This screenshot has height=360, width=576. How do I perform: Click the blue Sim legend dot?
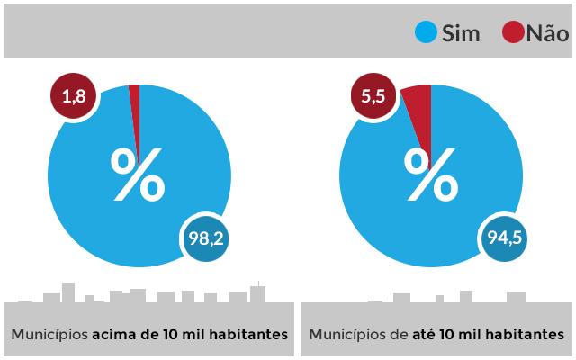(425, 33)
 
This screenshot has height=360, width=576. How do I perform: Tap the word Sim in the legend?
(462, 34)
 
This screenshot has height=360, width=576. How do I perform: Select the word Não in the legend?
(547, 34)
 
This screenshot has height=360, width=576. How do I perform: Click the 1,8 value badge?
(74, 97)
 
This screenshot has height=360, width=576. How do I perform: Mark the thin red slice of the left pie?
(135, 108)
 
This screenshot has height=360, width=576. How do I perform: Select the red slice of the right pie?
(419, 112)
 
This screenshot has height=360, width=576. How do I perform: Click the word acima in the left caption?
(114, 334)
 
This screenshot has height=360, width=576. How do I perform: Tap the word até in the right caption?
(424, 334)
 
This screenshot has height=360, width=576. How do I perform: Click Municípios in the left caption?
(49, 334)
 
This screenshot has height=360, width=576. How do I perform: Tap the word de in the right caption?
(399, 334)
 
